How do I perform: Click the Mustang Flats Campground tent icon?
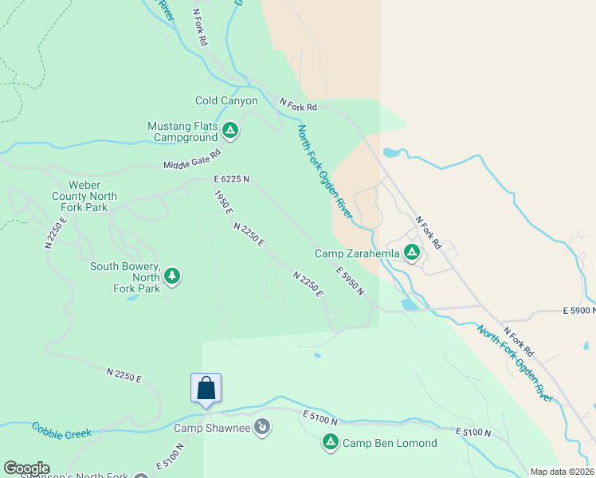[x=230, y=130]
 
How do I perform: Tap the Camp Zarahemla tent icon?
[x=412, y=253]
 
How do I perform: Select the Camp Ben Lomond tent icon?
[x=331, y=441]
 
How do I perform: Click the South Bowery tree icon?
[x=171, y=276]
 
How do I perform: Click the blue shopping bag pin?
[x=206, y=389]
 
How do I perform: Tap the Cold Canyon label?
[x=226, y=101]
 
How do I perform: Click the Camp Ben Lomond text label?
[x=390, y=443]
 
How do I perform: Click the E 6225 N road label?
[x=231, y=179]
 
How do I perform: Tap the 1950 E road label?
[x=223, y=202]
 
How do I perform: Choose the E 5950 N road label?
[x=350, y=280]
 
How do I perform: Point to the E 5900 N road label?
[x=579, y=310]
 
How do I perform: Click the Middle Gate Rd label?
[x=191, y=160]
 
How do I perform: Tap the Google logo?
[x=26, y=468]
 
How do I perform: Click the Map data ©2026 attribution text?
[x=562, y=472]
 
